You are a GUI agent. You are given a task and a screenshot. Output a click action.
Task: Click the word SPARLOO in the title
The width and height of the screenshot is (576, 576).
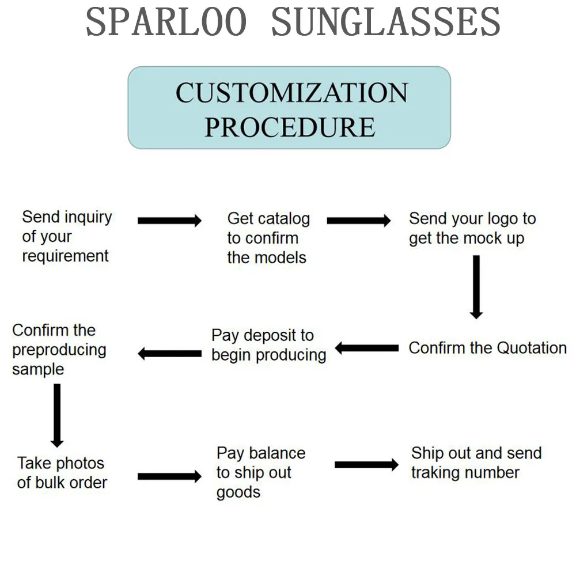pyautogui.click(x=166, y=22)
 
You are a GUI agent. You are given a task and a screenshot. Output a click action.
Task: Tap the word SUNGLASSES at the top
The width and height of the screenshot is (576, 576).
pyautogui.click(x=386, y=22)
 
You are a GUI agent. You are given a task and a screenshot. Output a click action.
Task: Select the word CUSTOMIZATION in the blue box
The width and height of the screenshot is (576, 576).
pyautogui.click(x=291, y=93)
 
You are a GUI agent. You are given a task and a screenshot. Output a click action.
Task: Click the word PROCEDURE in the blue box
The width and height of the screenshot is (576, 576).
pyautogui.click(x=290, y=127)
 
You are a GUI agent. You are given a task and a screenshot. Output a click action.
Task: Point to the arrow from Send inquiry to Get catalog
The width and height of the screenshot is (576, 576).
pyautogui.click(x=170, y=221)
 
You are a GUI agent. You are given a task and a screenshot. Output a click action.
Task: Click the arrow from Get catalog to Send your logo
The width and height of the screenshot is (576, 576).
pyautogui.click(x=359, y=221)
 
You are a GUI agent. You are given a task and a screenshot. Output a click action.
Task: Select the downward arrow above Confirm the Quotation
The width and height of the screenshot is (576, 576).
pyautogui.click(x=476, y=287)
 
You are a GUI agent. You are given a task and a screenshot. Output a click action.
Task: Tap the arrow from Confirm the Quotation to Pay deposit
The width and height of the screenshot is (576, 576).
pyautogui.click(x=366, y=348)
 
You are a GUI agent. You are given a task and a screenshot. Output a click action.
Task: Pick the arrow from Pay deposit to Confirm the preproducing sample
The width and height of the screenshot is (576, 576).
pyautogui.click(x=170, y=354)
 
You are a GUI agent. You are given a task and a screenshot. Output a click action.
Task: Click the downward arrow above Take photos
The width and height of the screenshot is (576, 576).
pyautogui.click(x=57, y=415)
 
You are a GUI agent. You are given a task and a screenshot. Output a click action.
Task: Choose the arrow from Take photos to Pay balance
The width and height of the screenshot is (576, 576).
pyautogui.click(x=170, y=476)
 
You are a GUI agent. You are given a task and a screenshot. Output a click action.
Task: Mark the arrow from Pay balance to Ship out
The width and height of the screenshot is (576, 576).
pyautogui.click(x=366, y=465)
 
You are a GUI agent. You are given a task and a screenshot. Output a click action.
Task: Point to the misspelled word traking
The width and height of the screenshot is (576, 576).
pyautogui.click(x=433, y=473)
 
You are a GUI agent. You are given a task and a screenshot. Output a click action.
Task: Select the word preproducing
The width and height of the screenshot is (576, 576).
pyautogui.click(x=59, y=351)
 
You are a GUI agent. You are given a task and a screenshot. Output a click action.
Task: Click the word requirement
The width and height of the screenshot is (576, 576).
pyautogui.click(x=66, y=256)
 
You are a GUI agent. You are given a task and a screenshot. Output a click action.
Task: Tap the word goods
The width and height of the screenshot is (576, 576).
pyautogui.click(x=238, y=493)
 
